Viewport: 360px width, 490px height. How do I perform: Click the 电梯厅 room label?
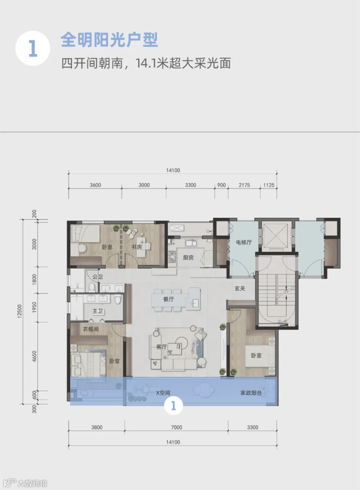(244, 242)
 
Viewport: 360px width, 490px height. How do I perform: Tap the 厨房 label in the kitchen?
(188, 258)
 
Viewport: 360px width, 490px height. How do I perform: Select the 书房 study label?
(137, 247)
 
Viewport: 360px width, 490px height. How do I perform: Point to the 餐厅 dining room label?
(168, 299)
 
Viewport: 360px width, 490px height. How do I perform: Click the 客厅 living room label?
(162, 347)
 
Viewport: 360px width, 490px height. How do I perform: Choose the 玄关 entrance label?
(240, 289)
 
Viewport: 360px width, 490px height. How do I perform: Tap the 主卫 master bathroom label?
(98, 311)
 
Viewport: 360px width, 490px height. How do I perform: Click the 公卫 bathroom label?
(98, 277)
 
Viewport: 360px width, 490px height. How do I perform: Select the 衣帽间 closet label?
(90, 329)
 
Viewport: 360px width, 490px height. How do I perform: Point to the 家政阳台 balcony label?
(251, 393)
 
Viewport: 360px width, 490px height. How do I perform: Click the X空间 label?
(163, 393)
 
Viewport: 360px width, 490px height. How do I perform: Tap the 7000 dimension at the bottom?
(176, 428)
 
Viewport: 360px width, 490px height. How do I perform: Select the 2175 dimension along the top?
(244, 185)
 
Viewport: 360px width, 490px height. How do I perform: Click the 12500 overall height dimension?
(20, 311)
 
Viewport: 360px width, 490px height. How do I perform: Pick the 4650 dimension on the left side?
(34, 356)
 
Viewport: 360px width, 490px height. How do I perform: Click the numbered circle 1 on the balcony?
(174, 406)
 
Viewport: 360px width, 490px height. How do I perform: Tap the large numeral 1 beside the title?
(33, 48)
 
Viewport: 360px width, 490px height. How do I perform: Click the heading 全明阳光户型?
(109, 40)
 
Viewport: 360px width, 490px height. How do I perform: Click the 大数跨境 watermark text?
(32, 483)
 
